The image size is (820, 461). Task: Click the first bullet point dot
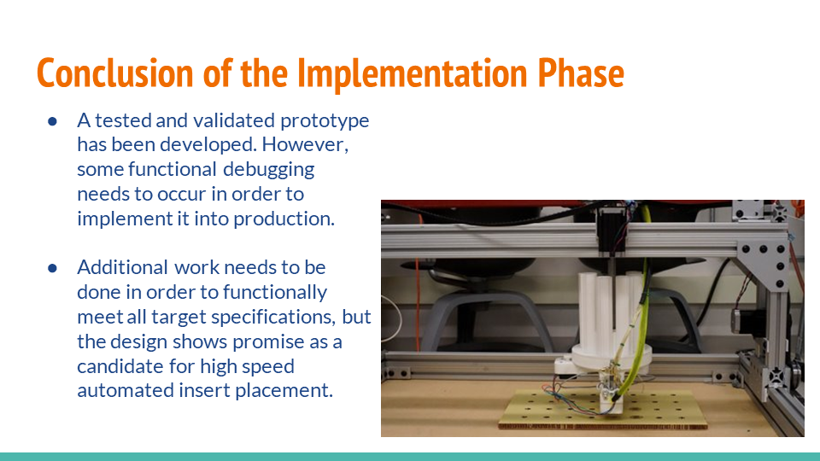[x=52, y=121]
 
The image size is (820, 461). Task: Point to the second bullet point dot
[x=52, y=268]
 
